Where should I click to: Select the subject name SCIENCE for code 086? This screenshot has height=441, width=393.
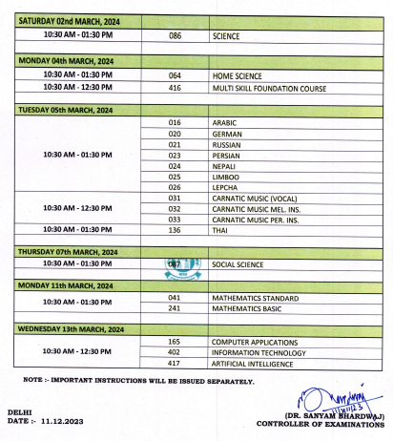click(225, 36)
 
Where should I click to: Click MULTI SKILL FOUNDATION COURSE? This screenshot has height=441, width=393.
click(269, 88)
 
